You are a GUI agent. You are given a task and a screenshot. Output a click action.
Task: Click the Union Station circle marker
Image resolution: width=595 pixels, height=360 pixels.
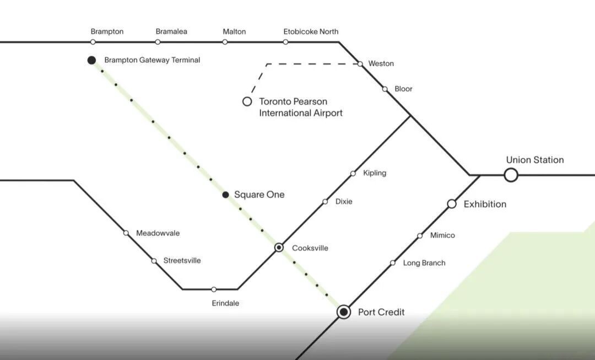[x=511, y=175]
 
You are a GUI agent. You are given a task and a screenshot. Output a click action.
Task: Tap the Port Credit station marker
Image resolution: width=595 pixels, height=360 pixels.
[x=344, y=312]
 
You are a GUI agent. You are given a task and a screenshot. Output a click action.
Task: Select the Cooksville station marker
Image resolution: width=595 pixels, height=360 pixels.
[x=279, y=248]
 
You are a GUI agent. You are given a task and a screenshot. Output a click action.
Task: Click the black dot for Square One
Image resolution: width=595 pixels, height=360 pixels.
[x=225, y=195]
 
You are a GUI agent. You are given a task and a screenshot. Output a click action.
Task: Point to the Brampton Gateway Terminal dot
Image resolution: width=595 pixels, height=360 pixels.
[x=91, y=60]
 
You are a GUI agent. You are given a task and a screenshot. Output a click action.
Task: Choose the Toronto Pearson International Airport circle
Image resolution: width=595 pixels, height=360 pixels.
[x=247, y=101]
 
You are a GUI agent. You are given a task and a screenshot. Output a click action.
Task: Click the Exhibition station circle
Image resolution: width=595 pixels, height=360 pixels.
[x=452, y=204]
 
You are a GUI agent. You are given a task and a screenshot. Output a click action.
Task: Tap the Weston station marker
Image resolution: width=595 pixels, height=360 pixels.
[x=360, y=64]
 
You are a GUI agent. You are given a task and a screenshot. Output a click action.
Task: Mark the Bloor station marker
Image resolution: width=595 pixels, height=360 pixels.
[x=385, y=89]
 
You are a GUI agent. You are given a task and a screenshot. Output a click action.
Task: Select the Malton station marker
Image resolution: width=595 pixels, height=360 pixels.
[x=225, y=42]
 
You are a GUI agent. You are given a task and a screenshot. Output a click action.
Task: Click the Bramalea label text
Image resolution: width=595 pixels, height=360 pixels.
[x=171, y=31]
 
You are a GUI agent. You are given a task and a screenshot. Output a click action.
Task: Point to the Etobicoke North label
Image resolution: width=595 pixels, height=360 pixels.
[x=311, y=31]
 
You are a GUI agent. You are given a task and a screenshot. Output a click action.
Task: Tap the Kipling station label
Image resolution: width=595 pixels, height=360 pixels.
[x=375, y=173]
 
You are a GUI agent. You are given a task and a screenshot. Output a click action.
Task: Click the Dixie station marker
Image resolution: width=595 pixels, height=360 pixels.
[x=325, y=202]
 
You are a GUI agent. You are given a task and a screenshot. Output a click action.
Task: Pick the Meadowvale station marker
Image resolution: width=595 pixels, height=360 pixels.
[x=126, y=233]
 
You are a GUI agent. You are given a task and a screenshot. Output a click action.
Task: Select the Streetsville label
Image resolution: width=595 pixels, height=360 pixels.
[x=182, y=261]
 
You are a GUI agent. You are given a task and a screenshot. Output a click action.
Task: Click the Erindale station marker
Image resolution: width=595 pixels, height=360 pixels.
[x=214, y=289]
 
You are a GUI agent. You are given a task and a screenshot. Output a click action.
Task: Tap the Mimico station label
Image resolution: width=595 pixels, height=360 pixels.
[x=442, y=235]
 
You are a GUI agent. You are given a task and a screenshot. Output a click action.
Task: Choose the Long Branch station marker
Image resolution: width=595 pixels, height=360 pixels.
[x=393, y=263]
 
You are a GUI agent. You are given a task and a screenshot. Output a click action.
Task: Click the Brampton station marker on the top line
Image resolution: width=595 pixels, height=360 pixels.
[x=93, y=42]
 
